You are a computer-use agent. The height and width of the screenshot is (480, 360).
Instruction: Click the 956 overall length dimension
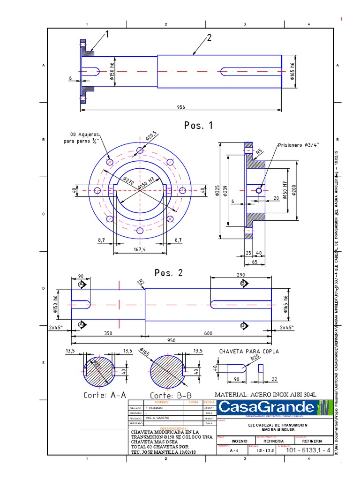[x=180, y=107]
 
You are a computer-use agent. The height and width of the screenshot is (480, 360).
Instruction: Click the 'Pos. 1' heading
[x=198, y=126]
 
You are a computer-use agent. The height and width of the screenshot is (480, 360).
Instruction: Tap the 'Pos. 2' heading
[x=169, y=273]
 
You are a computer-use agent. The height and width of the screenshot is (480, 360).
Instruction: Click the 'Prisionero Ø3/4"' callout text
[x=298, y=145]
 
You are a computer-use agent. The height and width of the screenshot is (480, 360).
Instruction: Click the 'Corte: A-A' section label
[x=105, y=395]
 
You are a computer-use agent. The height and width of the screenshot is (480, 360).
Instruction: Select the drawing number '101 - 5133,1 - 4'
[x=308, y=450]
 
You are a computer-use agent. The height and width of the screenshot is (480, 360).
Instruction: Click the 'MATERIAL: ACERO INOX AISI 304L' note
[x=265, y=394]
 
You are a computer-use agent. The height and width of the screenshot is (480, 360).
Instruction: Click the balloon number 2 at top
[x=209, y=38]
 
